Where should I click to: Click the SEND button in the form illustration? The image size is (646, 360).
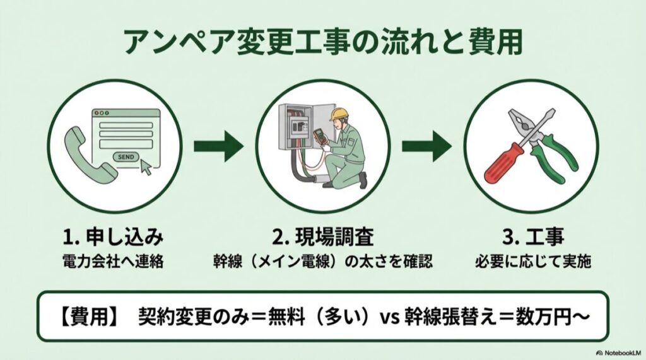click(x=126, y=157)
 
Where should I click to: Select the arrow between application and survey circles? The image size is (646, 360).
click(x=218, y=147)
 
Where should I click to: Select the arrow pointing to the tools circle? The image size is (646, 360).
click(x=426, y=147)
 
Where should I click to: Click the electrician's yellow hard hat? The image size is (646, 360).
click(x=340, y=113)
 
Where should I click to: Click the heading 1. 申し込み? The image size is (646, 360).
click(x=114, y=238)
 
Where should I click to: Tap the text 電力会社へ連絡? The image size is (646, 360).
click(x=114, y=262)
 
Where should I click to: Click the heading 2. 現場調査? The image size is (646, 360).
click(x=323, y=238)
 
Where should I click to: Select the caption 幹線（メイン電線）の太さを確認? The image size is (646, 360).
click(x=323, y=262)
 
